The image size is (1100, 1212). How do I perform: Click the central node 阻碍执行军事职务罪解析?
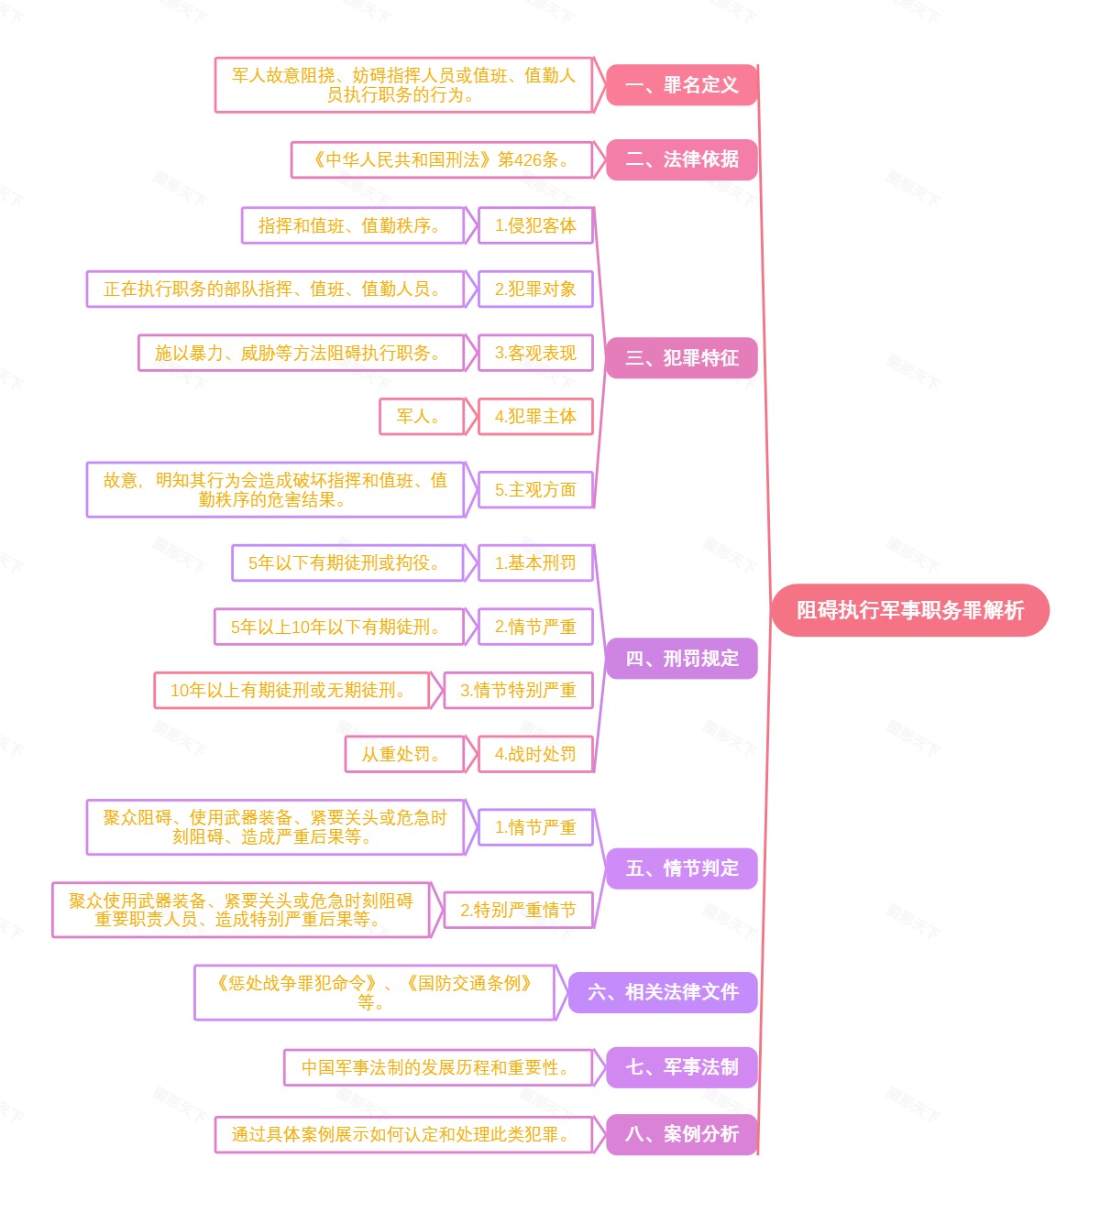pos(909,610)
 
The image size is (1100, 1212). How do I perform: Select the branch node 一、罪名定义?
pos(681,85)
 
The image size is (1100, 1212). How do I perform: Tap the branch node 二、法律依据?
pos(681,159)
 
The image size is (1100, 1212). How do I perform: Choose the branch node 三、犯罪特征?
pos(681,357)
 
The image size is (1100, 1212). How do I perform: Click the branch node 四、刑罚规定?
pos(681,659)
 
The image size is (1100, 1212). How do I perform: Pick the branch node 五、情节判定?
pos(681,868)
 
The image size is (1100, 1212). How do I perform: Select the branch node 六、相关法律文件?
pos(662,992)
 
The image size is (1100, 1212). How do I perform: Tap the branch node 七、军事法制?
pos(681,1067)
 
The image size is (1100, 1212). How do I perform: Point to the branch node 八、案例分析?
pos(681,1134)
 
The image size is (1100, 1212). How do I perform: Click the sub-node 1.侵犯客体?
pos(535,225)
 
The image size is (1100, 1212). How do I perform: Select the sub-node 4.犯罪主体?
pos(535,416)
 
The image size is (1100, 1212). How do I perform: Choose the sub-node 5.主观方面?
pos(535,490)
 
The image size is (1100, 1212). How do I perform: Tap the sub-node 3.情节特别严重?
pos(518,690)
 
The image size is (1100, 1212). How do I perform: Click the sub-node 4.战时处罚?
pos(535,754)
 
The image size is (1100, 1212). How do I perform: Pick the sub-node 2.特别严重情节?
pos(518,910)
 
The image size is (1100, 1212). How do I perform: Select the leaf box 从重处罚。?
pos(401,754)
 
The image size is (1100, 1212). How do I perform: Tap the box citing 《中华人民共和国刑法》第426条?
pos(441,159)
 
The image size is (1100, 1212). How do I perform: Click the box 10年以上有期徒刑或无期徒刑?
pos(291,690)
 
